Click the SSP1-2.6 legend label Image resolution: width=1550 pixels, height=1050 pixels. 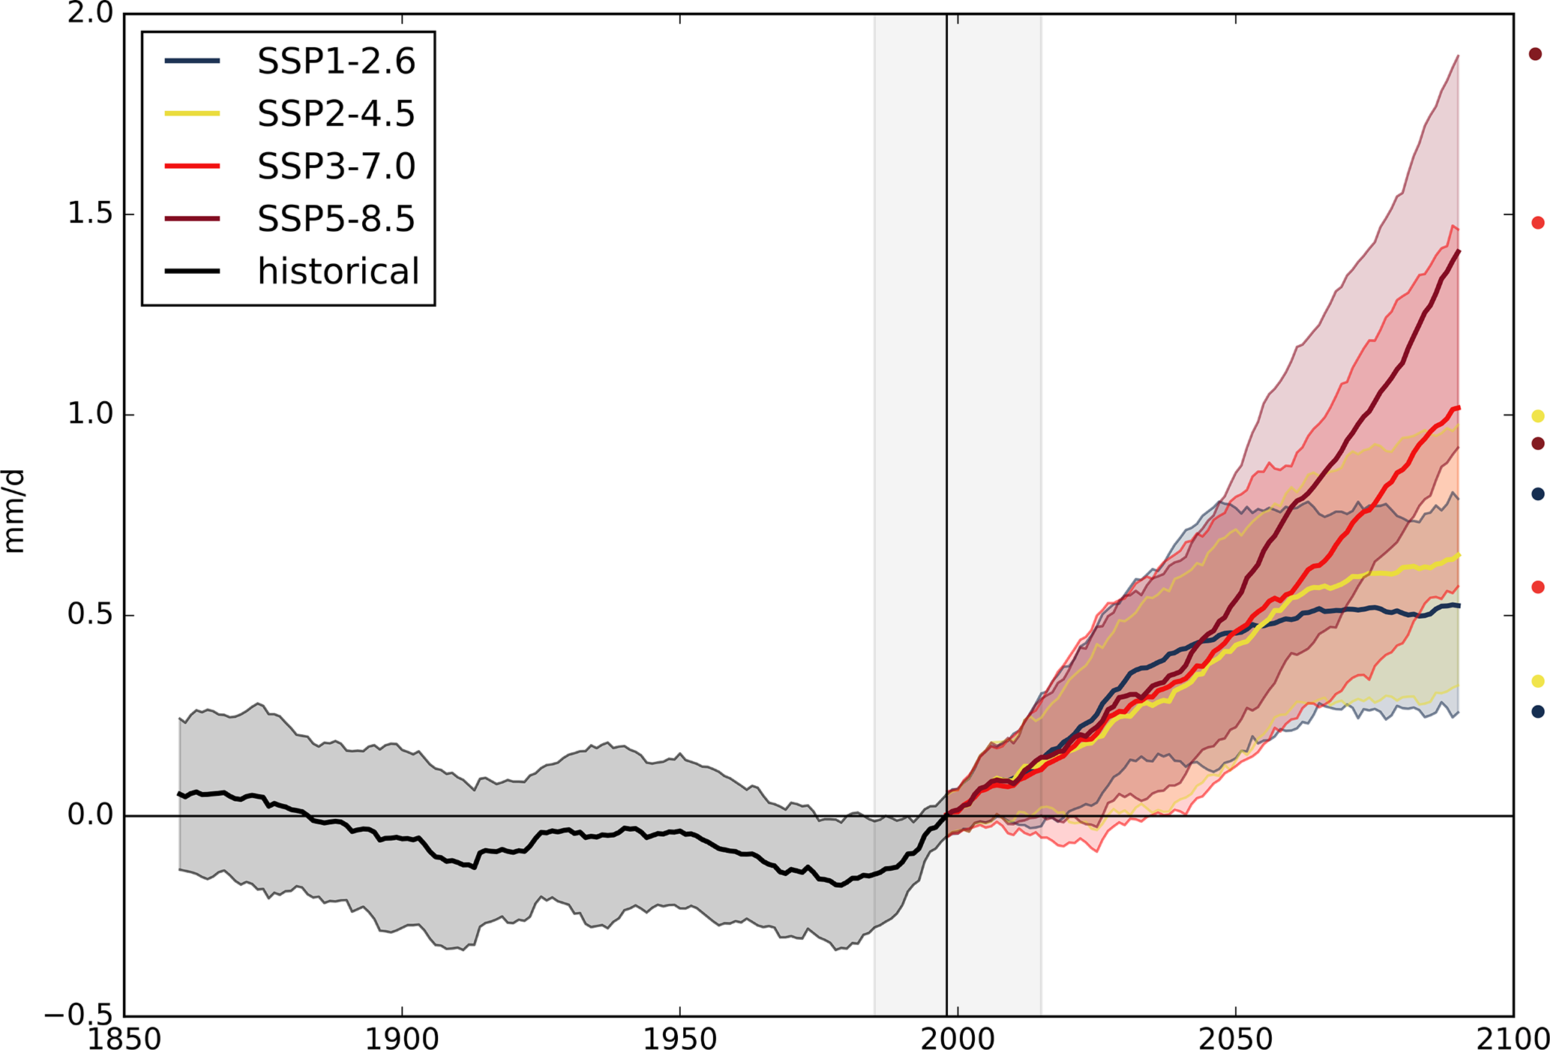point(336,61)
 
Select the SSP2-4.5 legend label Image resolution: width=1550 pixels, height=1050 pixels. point(336,114)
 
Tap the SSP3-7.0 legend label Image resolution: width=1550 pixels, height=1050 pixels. point(336,166)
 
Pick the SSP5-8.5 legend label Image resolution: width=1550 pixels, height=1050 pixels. point(336,219)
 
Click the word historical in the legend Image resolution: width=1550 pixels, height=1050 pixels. point(338,271)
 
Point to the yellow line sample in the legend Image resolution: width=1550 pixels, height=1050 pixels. point(193,113)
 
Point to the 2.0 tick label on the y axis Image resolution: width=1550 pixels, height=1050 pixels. point(90,14)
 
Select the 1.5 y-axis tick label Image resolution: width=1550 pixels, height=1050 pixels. point(90,214)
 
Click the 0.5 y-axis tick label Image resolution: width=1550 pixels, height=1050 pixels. point(90,615)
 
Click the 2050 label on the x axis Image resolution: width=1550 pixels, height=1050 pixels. point(1235,1038)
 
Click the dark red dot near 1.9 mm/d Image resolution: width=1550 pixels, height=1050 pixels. point(1535,54)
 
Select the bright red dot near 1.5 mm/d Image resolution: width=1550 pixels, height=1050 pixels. point(1537,223)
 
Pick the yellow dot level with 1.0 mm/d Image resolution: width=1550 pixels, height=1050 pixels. point(1537,416)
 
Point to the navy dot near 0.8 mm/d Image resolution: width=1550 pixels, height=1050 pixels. point(1537,493)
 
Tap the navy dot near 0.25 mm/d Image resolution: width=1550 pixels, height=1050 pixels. point(1537,711)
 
